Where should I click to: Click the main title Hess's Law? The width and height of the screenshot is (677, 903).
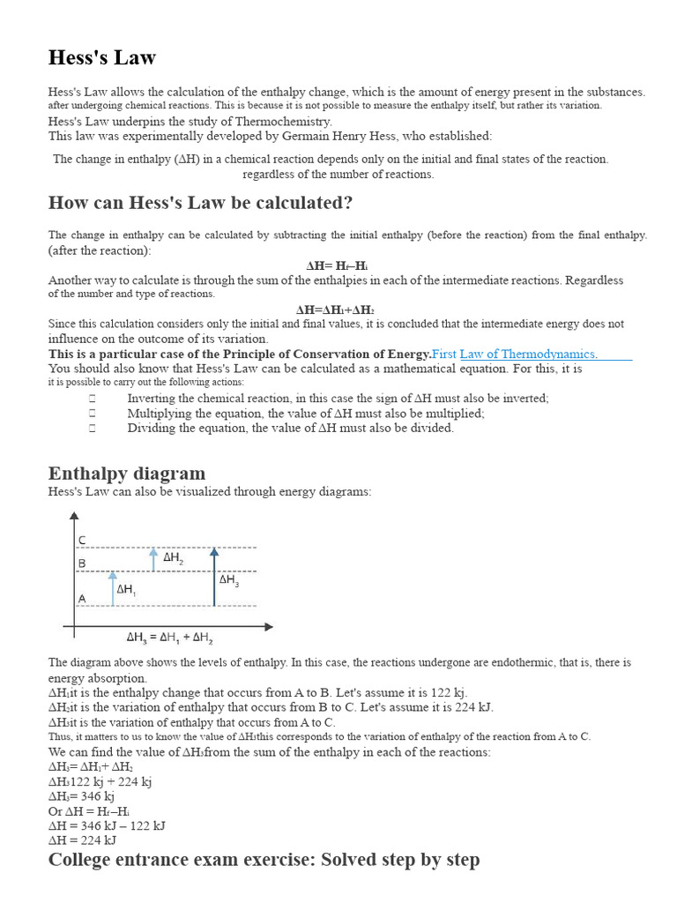(101, 58)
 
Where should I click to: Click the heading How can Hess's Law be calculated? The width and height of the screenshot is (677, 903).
(200, 203)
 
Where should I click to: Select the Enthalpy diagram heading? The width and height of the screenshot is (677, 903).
(127, 473)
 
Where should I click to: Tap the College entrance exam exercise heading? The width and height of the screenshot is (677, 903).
(264, 859)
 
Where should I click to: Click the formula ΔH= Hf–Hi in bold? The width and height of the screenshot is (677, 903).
(337, 265)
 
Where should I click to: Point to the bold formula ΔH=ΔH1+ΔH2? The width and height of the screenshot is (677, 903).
(336, 310)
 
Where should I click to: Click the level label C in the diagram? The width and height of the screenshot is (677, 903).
(82, 540)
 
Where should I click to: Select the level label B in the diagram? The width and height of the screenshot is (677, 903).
(82, 563)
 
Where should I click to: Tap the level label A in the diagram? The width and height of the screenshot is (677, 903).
(82, 598)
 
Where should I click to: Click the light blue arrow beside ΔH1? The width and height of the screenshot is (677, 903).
(113, 588)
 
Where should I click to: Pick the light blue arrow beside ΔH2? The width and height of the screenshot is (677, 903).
(153, 559)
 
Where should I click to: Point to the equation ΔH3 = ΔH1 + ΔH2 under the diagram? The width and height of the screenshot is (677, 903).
(169, 637)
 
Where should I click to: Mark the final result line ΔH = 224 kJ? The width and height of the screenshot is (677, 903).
(82, 840)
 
